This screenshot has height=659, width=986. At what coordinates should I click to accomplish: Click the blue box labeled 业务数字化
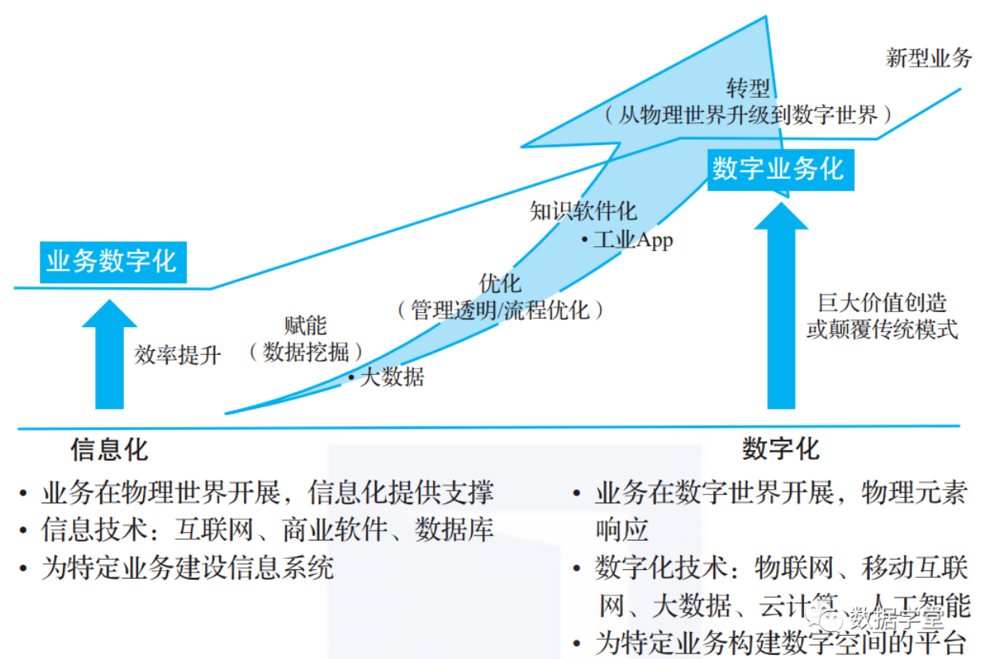[113, 262]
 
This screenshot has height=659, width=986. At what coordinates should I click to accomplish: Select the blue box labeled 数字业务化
[781, 170]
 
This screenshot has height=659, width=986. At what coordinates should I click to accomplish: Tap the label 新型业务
[928, 58]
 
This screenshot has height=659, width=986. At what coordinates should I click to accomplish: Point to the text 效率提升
[177, 355]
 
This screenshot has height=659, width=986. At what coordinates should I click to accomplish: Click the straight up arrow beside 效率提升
[110, 354]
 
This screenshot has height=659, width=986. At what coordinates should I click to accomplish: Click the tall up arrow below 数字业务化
[781, 306]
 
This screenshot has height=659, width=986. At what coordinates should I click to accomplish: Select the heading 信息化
[109, 449]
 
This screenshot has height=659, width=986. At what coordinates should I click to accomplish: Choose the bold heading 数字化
[781, 449]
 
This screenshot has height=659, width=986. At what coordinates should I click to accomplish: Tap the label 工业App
[633, 241]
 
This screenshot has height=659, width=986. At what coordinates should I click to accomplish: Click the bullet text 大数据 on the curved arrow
[392, 377]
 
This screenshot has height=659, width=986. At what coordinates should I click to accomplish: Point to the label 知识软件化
[583, 211]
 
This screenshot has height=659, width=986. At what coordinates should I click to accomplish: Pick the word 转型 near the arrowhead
[748, 88]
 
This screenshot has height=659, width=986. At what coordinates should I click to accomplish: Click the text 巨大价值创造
[882, 303]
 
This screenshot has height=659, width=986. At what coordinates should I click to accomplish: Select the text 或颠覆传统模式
[882, 329]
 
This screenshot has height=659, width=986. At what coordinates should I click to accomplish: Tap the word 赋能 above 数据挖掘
[305, 326]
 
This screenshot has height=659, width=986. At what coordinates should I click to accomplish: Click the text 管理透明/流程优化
[500, 310]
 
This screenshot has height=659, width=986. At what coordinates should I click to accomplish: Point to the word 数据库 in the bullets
[454, 530]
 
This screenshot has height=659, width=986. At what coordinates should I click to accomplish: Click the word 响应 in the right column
[621, 530]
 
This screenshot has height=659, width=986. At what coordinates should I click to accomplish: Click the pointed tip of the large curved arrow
[766, 17]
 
